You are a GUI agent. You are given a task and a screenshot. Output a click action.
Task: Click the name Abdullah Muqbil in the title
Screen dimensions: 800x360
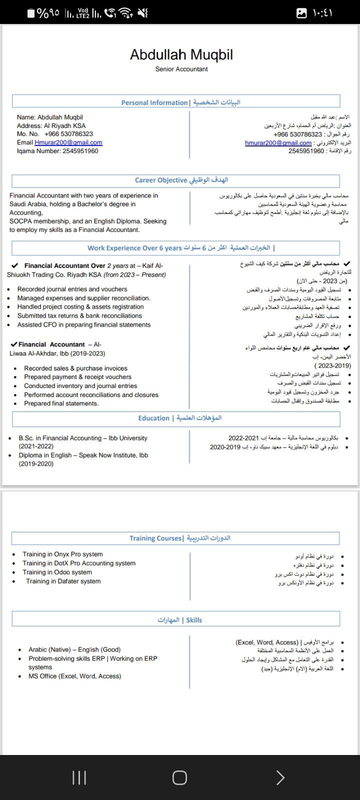point(181,54)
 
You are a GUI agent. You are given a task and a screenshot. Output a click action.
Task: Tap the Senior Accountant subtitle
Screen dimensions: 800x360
point(181,69)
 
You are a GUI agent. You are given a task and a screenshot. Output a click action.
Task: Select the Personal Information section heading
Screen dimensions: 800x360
point(154,102)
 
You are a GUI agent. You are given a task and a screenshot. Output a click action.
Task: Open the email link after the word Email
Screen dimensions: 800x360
point(68,142)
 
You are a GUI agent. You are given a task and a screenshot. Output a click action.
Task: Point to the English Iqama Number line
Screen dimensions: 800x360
point(57,151)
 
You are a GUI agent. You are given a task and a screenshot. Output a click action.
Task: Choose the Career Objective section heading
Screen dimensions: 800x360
point(160,180)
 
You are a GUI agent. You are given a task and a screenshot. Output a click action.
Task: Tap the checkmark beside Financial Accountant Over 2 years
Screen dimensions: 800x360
point(14,265)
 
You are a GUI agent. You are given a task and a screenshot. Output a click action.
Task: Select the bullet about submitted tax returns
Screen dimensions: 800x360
point(79,316)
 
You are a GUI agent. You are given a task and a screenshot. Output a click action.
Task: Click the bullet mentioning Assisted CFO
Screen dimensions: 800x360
point(83,325)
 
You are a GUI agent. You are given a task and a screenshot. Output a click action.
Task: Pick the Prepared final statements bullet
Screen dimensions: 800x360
point(61,403)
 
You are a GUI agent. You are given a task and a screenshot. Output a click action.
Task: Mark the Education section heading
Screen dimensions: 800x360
point(153,418)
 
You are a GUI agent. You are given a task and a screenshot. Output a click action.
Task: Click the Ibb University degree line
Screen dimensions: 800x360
point(83,438)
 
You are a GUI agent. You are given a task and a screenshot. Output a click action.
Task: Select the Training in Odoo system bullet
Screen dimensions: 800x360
point(57,572)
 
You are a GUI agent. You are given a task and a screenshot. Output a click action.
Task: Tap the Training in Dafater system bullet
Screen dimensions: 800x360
point(63,581)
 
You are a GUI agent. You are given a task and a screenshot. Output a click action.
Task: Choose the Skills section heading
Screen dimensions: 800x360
point(194,620)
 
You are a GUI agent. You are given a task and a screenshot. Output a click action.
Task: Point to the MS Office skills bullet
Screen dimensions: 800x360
point(74,676)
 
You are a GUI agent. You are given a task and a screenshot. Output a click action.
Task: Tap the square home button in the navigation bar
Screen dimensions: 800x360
point(179,777)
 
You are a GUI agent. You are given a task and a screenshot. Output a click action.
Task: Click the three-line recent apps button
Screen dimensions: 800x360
point(79,777)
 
